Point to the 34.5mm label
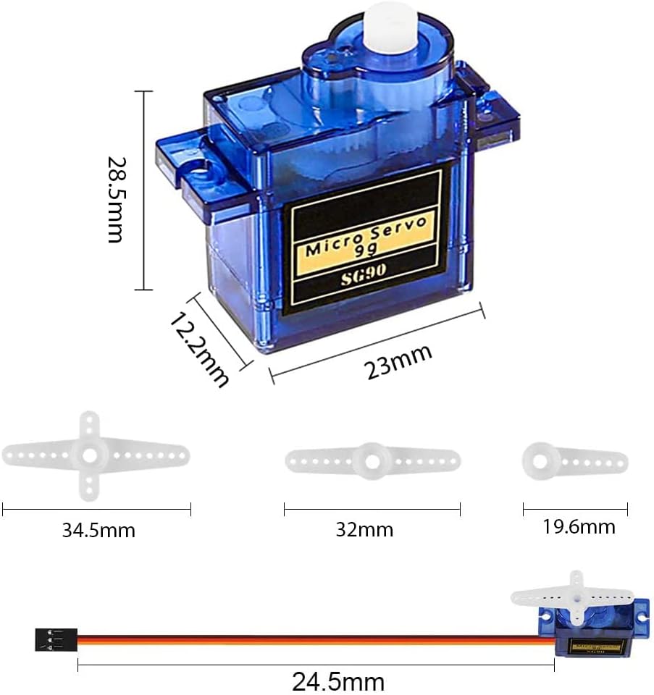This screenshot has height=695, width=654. click(x=98, y=531)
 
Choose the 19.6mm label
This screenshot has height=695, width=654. click(x=579, y=527)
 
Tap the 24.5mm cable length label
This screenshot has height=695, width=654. click(x=338, y=681)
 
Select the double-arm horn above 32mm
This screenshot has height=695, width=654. click(x=372, y=460)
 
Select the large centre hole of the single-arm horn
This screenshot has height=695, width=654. click(x=540, y=458)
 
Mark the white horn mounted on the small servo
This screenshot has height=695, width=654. click(x=572, y=597)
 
